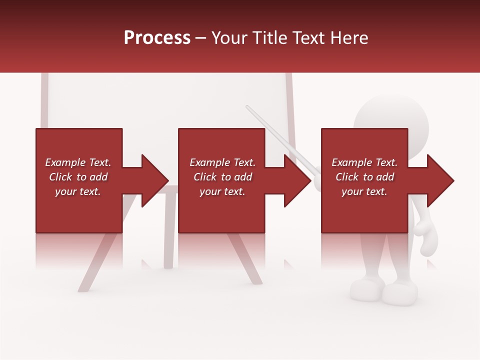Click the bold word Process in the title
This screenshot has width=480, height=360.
tap(157, 38)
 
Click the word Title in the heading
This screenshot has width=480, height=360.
tap(269, 38)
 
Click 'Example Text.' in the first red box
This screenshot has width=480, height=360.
tap(78, 162)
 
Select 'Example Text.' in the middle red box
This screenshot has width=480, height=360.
tap(222, 162)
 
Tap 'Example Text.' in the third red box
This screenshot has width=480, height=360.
tap(364, 162)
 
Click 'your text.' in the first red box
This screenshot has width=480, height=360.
tap(78, 191)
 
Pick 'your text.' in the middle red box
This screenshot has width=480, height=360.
tap(222, 191)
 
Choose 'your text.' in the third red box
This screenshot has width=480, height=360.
tap(364, 191)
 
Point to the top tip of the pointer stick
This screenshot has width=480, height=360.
tap(248, 107)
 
